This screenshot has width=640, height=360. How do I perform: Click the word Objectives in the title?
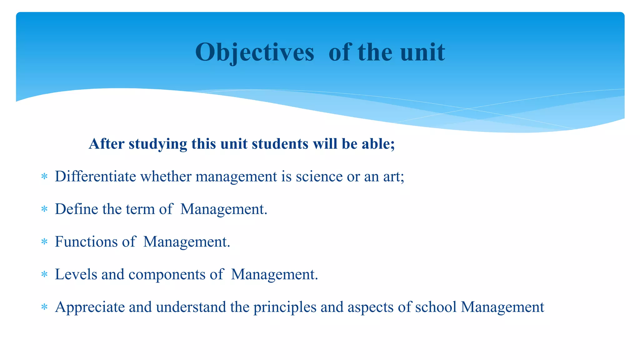[254, 52]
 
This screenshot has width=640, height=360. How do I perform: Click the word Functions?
[86, 242]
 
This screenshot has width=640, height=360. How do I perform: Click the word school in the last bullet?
[436, 307]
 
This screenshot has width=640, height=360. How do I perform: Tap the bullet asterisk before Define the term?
[44, 209]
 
